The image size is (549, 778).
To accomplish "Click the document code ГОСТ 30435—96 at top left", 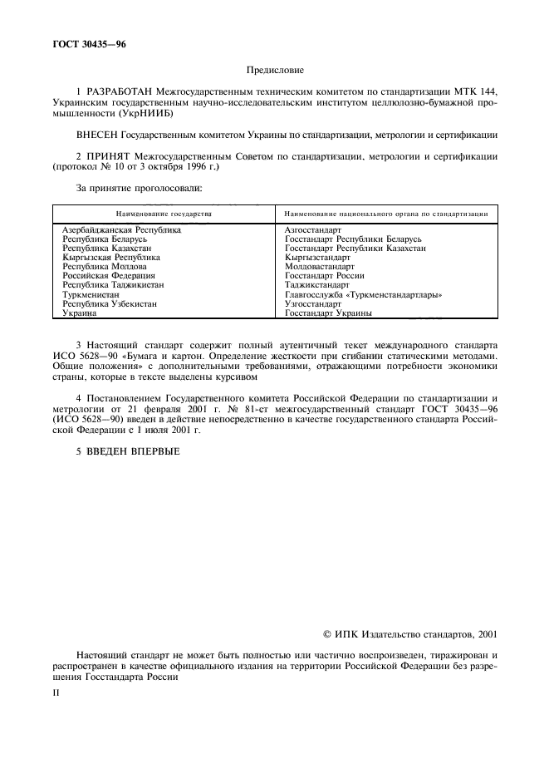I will pos(86,43).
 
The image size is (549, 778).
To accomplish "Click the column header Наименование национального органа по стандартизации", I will pos(385,214).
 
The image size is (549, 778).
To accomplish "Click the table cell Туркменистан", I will pos(91,294).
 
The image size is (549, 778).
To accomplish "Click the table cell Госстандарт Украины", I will pos(328,313).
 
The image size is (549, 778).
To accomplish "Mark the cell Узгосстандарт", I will pos(313,303).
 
